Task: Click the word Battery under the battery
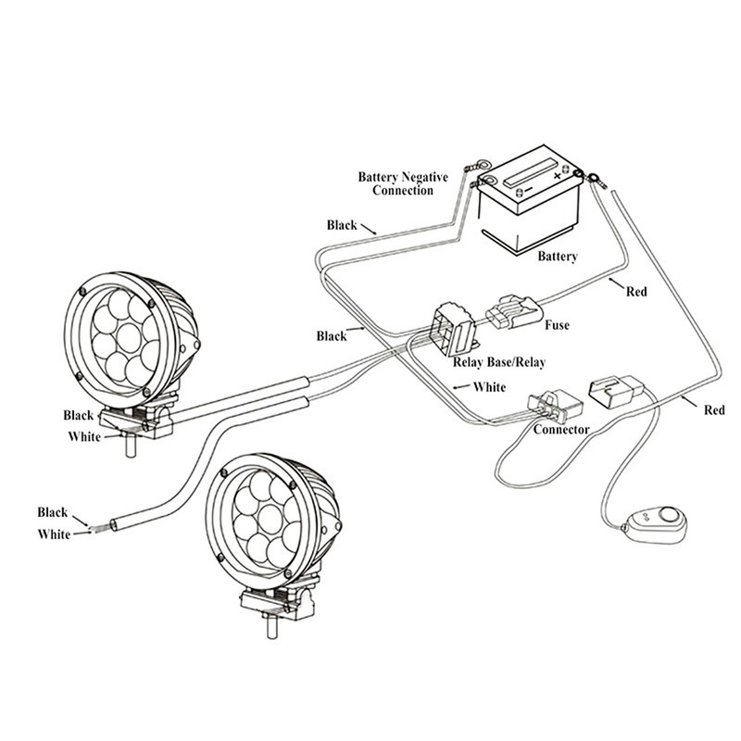click(558, 257)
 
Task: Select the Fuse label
click(557, 325)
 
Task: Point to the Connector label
click(562, 430)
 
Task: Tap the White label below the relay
click(488, 386)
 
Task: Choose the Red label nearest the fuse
click(635, 292)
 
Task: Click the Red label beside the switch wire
click(714, 409)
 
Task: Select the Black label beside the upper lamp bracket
click(79, 415)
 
